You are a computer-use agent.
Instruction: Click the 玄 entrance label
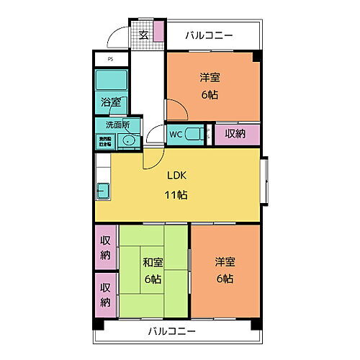(143, 34)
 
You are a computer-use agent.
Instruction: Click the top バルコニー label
(210, 34)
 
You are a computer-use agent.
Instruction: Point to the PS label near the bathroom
(110, 59)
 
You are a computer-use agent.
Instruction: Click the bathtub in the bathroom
(111, 79)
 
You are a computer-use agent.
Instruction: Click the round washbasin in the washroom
(129, 140)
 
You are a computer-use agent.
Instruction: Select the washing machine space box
(105, 140)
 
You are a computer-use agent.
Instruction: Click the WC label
(175, 134)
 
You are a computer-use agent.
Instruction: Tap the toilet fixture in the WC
(192, 134)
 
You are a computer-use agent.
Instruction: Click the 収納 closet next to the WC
(235, 133)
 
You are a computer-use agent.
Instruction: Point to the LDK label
(177, 176)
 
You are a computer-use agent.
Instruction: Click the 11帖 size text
(177, 194)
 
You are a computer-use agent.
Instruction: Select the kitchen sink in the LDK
(103, 191)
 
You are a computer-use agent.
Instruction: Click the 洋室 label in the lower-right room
(225, 261)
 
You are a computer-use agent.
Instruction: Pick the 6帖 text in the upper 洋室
(210, 94)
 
